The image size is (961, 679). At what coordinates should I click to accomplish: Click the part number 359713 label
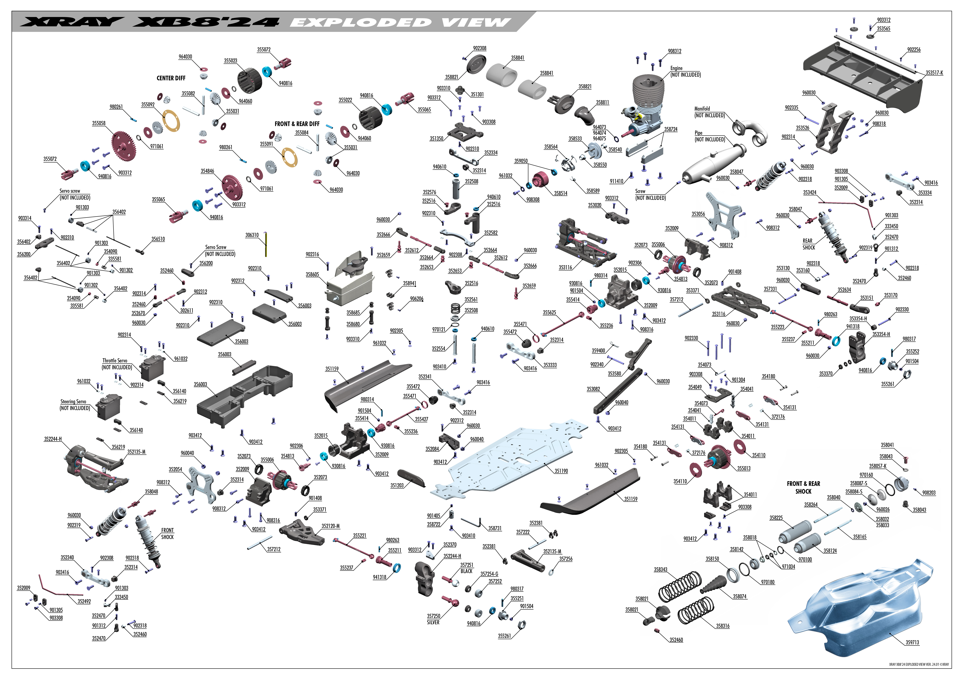coord(913,642)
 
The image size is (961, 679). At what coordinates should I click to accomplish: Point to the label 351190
coord(561,471)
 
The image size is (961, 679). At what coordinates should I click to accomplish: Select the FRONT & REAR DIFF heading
coord(297,124)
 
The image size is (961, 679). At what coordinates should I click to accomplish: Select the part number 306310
coord(252,235)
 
